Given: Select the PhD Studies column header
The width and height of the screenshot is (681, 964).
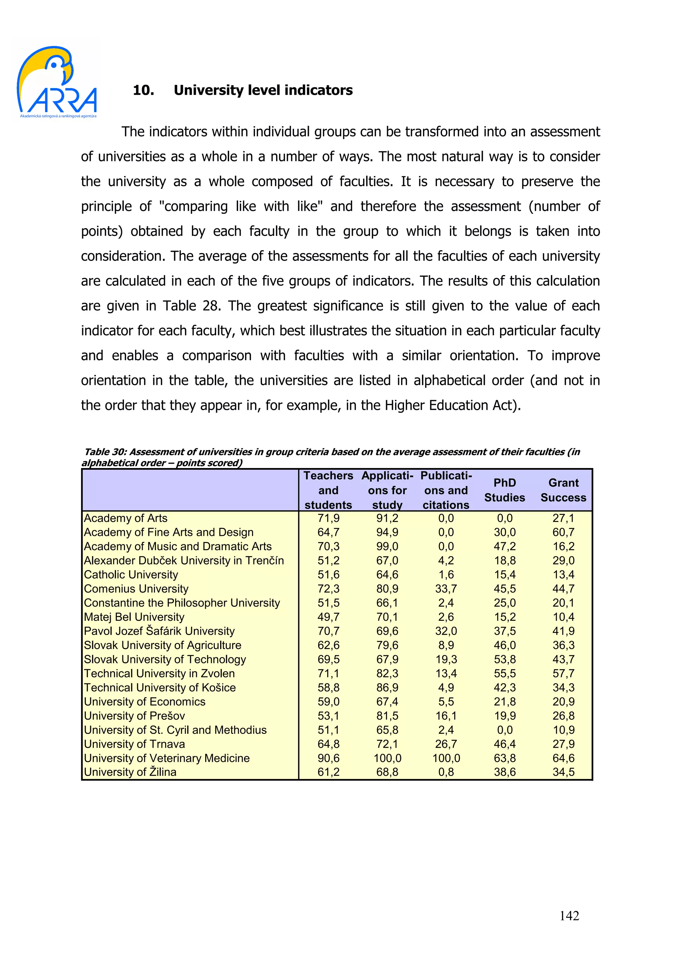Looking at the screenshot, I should pos(504,490).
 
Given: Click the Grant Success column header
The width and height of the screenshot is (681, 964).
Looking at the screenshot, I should pos(563,490).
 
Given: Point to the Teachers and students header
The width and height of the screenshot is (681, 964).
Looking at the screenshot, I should pos(328,490).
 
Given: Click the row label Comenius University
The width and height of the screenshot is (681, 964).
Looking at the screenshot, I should pos(136,589).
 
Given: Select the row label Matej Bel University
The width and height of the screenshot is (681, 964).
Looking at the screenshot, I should pos(134,617).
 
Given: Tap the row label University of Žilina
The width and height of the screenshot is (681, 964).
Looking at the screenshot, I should pos(130,772).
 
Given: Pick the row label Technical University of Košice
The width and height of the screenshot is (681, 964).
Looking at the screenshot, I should pos(160,687).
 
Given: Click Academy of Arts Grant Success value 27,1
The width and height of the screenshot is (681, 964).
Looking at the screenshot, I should pos(563,518).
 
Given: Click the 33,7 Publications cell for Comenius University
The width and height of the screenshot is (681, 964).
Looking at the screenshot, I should pos(446,589).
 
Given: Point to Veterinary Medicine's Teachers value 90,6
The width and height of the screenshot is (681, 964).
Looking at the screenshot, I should pos(328,758).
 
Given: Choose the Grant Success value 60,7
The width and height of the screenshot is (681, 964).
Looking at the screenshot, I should pos(563,532).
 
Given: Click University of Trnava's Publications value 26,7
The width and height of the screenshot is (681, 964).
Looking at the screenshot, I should pos(446,743).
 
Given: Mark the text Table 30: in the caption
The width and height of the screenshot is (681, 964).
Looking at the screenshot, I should pos(105,452).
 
